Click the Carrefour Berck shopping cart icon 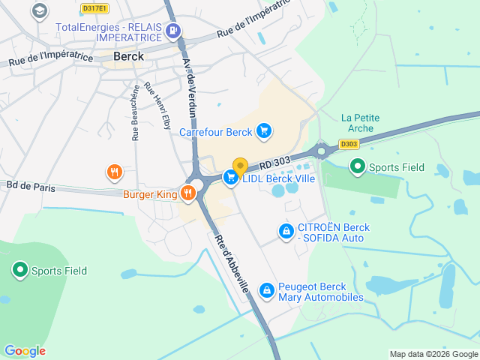(263, 131)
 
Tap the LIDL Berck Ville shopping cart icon (232, 178)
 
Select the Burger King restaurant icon (187, 193)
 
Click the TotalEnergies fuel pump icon (174, 31)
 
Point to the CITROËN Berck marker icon (285, 232)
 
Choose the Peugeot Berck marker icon (266, 290)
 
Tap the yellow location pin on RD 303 (240, 166)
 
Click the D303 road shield (348, 144)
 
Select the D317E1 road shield (94, 8)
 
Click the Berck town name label (129, 55)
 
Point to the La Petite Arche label (360, 122)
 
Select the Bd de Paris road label (31, 187)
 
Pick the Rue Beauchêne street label (136, 113)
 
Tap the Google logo (25, 351)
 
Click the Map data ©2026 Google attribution (433, 354)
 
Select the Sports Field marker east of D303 (358, 167)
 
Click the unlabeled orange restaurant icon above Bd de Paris (114, 172)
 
